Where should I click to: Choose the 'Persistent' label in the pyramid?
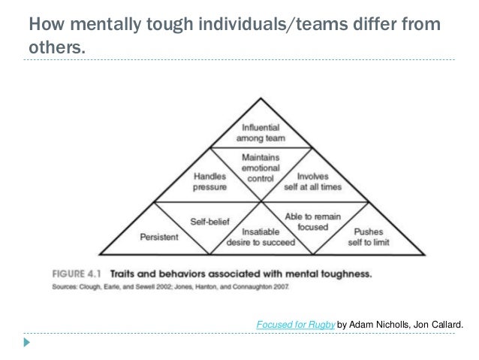(158, 237)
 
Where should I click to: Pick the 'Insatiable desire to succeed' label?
(261, 237)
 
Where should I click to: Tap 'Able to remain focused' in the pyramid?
(309, 219)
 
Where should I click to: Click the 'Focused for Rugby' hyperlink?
(295, 325)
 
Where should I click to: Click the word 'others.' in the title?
(56, 49)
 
